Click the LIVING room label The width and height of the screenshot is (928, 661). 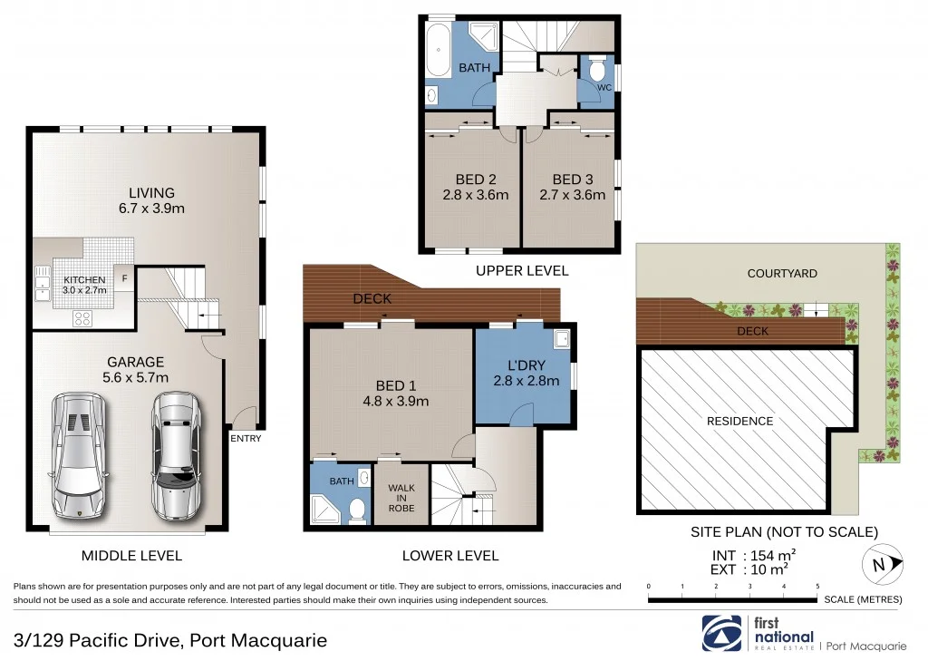[150, 193]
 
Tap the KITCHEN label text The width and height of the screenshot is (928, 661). [83, 280]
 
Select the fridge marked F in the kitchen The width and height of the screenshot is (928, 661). [124, 280]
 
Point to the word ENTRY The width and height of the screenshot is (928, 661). [246, 439]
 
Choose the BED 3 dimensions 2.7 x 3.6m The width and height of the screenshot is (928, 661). [572, 194]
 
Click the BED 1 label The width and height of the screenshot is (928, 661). [396, 385]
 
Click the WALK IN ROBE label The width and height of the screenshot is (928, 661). [401, 498]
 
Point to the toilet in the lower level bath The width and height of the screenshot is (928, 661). [358, 508]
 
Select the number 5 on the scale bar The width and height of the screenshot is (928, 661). [817, 587]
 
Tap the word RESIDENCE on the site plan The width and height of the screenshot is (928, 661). [739, 421]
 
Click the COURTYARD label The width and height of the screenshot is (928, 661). [782, 273]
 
